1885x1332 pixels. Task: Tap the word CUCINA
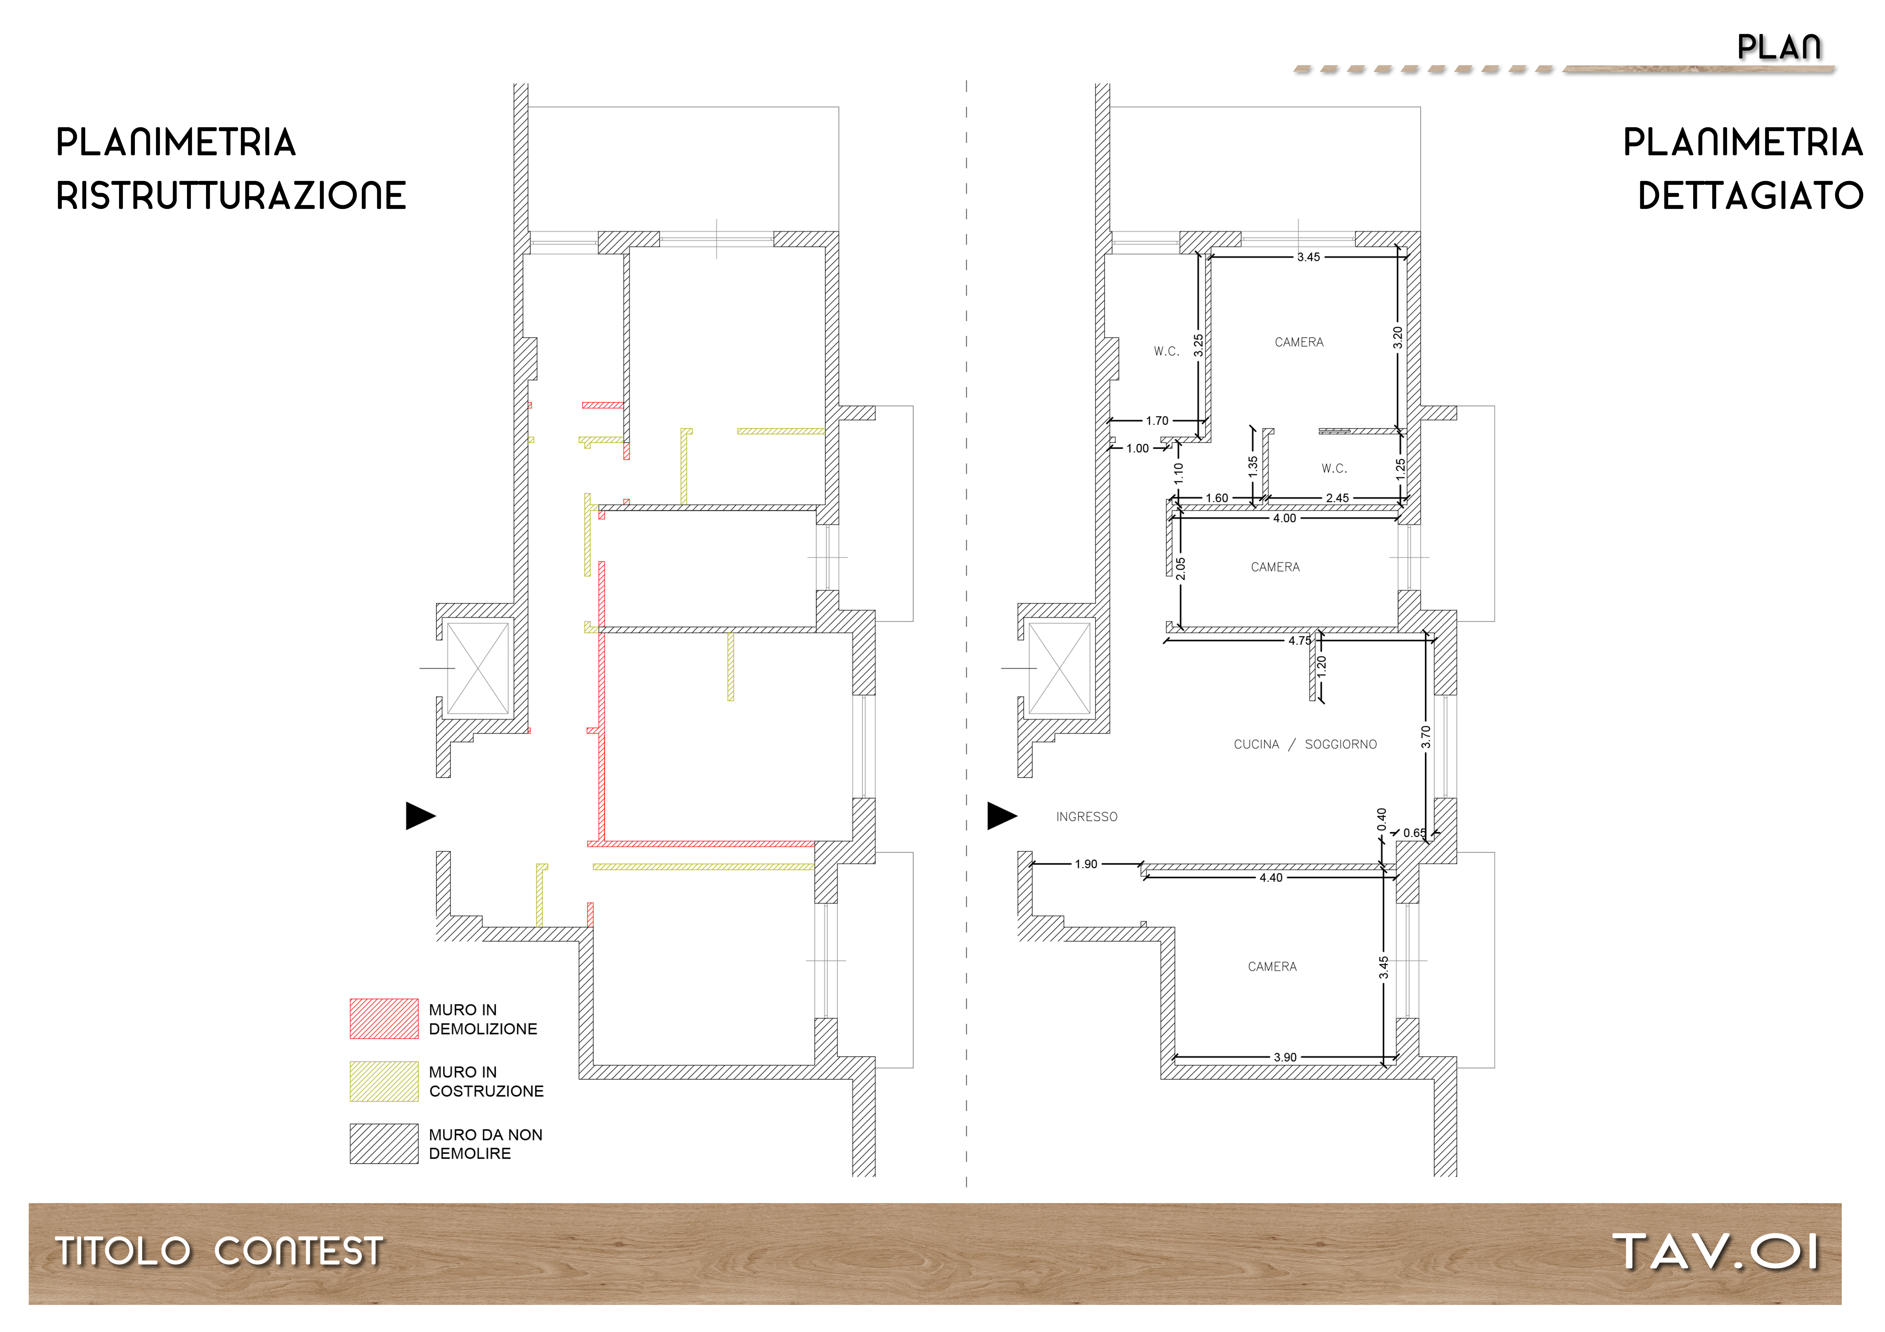click(x=1256, y=744)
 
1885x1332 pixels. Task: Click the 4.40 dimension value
click(x=1271, y=878)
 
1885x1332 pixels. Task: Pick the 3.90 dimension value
click(x=1285, y=1057)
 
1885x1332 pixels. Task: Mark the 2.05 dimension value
click(x=1181, y=569)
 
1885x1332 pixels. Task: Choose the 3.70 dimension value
click(x=1426, y=737)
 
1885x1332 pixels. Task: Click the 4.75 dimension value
click(x=1300, y=641)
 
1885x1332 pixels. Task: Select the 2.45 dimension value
click(x=1337, y=498)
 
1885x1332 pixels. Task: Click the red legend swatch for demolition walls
click(x=383, y=1018)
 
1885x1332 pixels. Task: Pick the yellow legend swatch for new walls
click(x=383, y=1081)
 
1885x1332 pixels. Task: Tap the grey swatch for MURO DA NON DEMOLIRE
click(x=383, y=1143)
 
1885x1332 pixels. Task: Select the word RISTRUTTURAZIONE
click(x=231, y=196)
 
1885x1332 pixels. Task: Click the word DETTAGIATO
click(x=1750, y=196)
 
